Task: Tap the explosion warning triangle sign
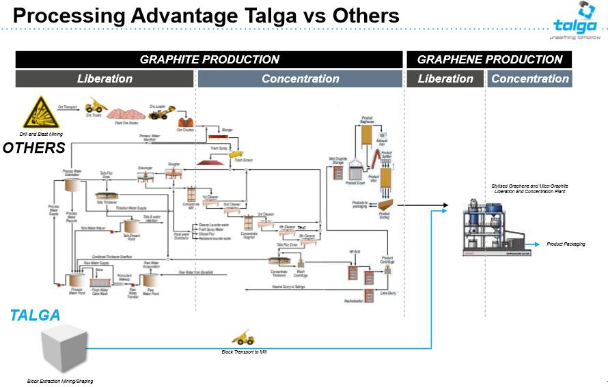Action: click(x=41, y=113)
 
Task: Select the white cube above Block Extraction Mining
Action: click(x=64, y=349)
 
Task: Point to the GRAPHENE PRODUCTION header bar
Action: click(x=489, y=59)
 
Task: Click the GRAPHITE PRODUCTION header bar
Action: click(x=209, y=59)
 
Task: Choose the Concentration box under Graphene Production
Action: click(x=529, y=78)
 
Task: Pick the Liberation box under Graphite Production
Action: click(x=105, y=78)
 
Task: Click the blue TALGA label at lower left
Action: click(x=36, y=315)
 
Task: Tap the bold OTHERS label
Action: click(x=33, y=148)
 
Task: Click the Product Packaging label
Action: click(x=566, y=244)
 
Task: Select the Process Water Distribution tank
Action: click(x=72, y=185)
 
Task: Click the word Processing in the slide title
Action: click(x=68, y=15)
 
